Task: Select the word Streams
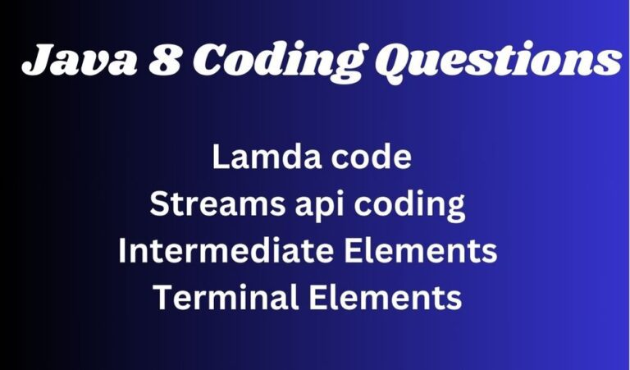[x=209, y=204]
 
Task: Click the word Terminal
[x=217, y=298]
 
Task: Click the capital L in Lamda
[x=219, y=158]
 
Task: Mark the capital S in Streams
[x=158, y=204]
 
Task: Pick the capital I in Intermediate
[x=123, y=251]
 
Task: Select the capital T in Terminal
[x=162, y=298]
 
